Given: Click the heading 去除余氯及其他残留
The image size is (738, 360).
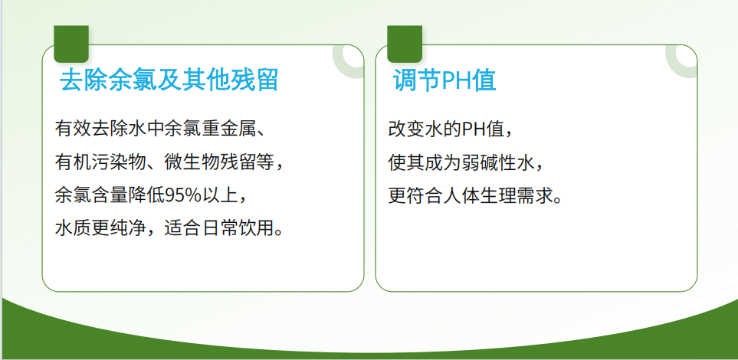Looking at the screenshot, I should [x=169, y=80].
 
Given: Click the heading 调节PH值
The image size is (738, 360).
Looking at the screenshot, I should [x=444, y=80].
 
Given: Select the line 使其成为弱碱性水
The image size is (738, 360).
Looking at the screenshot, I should [x=466, y=162].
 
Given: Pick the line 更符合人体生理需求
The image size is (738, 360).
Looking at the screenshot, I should [x=475, y=195].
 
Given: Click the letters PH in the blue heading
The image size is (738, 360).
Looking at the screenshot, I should [x=458, y=80].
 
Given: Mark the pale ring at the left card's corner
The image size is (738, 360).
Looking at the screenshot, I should [x=351, y=58].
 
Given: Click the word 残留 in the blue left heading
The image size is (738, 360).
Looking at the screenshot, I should [x=257, y=80].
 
